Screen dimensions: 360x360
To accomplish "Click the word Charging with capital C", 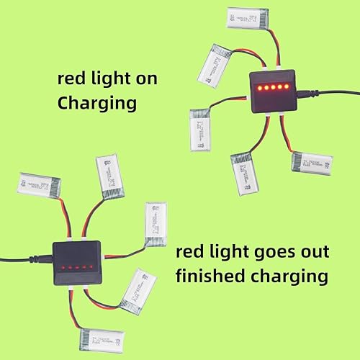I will [x=96, y=103].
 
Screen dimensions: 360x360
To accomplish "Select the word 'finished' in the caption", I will [x=214, y=276].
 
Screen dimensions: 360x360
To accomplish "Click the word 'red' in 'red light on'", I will [x=73, y=78].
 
